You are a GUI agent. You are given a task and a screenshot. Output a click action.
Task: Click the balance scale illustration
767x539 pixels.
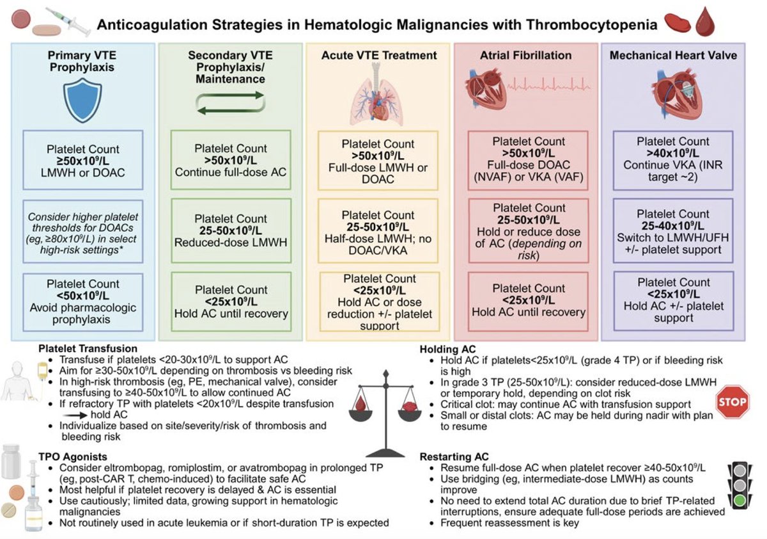(385, 405)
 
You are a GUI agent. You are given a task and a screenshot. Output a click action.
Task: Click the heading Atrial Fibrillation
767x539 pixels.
(525, 56)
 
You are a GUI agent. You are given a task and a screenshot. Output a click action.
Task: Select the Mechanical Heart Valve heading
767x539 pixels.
(673, 56)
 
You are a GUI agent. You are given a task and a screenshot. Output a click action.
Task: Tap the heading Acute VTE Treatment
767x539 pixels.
(379, 56)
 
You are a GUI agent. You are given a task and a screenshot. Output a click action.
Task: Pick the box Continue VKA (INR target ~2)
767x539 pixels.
(673, 159)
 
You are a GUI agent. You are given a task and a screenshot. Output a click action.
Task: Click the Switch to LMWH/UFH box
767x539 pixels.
(673, 231)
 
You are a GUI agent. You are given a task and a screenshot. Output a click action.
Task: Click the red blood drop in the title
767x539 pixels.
(704, 23)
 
